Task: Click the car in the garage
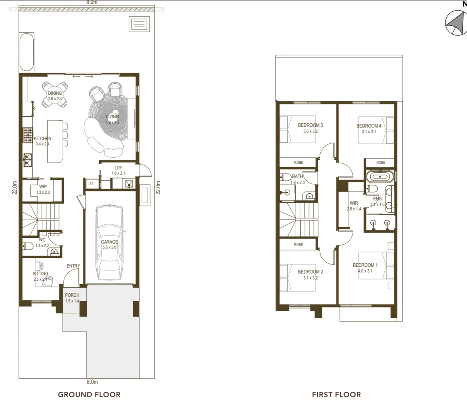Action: (110, 243)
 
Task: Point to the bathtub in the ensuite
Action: (380, 177)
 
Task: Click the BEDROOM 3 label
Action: (310, 125)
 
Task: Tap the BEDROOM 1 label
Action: (365, 265)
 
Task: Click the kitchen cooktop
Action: (28, 135)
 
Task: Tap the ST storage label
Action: (91, 184)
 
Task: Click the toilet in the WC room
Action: (28, 246)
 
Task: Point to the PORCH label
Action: (72, 295)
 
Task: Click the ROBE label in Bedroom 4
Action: (381, 162)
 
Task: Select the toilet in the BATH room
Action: (286, 177)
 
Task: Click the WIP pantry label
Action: (43, 186)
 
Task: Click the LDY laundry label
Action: (118, 168)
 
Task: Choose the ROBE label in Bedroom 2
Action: (298, 244)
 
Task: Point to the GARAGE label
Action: (109, 241)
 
